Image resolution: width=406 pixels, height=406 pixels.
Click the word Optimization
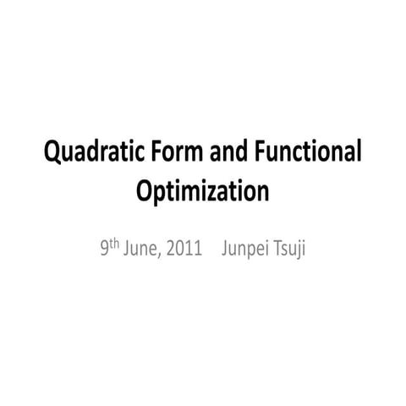point(202,191)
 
